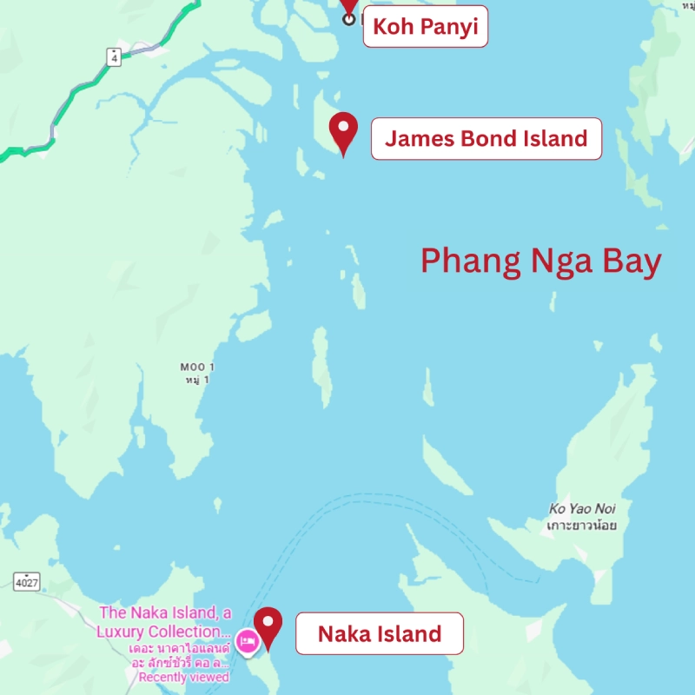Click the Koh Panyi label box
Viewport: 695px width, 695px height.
pyautogui.click(x=425, y=27)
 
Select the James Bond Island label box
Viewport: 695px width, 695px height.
pyautogui.click(x=486, y=139)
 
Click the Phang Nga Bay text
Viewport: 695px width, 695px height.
pyautogui.click(x=540, y=261)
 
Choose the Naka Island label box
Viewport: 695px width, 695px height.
pyautogui.click(x=379, y=634)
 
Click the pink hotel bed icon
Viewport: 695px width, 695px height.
pyautogui.click(x=247, y=641)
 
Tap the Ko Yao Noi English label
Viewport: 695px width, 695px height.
pyautogui.click(x=582, y=509)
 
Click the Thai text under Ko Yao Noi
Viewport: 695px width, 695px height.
pyautogui.click(x=581, y=526)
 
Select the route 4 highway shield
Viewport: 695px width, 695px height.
pyautogui.click(x=115, y=56)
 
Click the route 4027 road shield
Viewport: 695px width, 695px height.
pyautogui.click(x=28, y=579)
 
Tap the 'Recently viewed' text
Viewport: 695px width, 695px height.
pyautogui.click(x=183, y=677)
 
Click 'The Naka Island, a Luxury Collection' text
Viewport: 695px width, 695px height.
pyautogui.click(x=167, y=623)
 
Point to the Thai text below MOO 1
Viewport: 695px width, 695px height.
pyautogui.click(x=198, y=381)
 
